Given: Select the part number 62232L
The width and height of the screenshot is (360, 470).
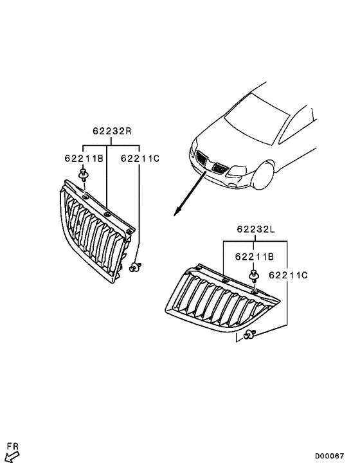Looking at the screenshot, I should point(255,228).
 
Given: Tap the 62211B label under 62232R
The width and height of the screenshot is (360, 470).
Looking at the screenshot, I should point(84,158).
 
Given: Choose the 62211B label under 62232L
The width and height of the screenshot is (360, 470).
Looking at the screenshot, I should point(255,257).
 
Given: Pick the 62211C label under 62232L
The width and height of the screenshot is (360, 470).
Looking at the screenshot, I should point(289,275).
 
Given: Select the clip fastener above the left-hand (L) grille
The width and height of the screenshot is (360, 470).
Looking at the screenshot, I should point(255,277).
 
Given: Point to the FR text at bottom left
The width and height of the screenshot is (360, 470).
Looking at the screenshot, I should point(12,446).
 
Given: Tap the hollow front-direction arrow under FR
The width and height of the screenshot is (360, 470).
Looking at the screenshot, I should point(12,457).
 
